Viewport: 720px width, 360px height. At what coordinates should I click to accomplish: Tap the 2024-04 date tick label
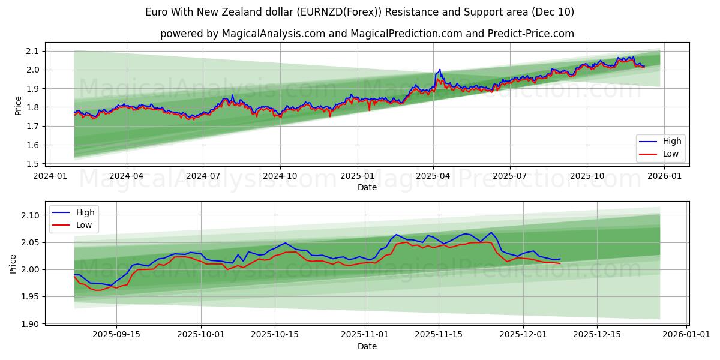127,176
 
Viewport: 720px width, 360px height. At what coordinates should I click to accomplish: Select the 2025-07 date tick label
509,176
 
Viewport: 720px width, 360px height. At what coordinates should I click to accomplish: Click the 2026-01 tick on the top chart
664,176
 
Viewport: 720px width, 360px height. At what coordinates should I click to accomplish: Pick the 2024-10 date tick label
280,176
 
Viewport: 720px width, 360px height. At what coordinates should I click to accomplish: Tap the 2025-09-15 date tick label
116,335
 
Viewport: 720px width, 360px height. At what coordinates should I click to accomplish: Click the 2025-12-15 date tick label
597,335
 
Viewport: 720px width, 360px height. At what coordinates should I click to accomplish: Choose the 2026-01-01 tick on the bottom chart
688,335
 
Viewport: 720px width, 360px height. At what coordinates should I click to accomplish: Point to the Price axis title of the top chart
18,106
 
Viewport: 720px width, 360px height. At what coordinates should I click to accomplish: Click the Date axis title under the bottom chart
367,346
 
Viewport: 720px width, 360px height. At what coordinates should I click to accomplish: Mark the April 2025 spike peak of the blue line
440,70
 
